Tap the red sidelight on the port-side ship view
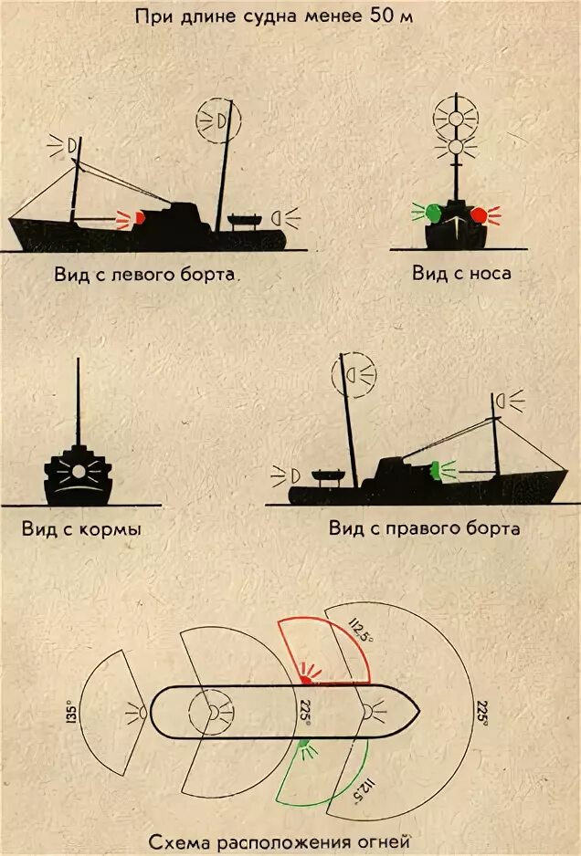click(x=138, y=218)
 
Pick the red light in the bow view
click(x=479, y=215)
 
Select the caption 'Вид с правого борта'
click(x=425, y=529)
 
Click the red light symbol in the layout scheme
click(x=305, y=677)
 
